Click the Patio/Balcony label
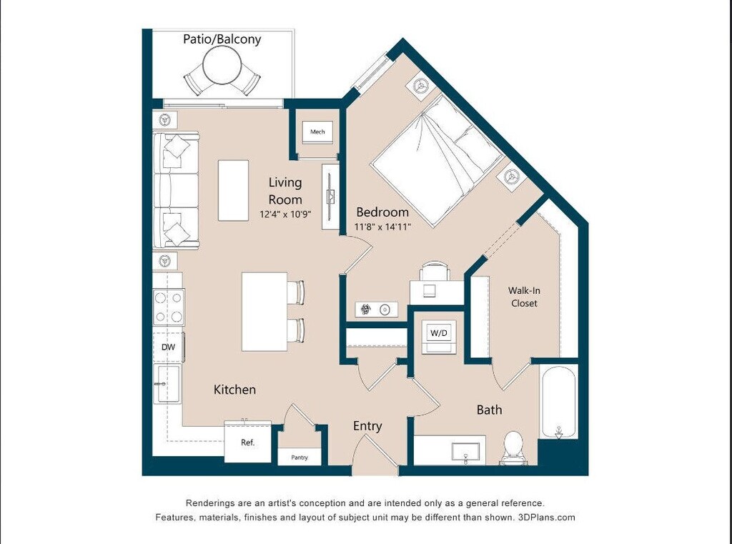point(222,39)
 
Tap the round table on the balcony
point(222,65)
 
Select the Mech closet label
point(317,132)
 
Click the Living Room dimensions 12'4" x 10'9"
point(285,214)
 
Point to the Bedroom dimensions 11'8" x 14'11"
point(382,227)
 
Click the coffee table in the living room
point(233,190)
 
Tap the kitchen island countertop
point(264,312)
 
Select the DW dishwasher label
point(168,347)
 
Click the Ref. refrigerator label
point(248,442)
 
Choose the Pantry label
point(300,458)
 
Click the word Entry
point(367,426)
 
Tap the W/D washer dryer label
point(439,333)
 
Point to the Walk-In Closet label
point(524,297)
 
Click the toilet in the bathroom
point(513,447)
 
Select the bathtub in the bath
point(559,402)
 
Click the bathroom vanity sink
point(465,452)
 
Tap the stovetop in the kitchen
point(169,307)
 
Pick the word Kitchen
point(234,390)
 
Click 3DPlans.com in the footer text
point(547,518)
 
